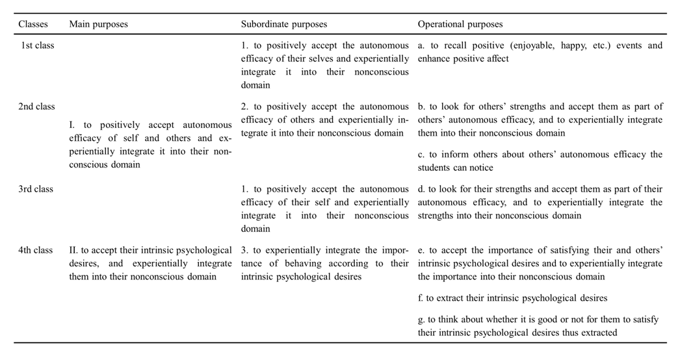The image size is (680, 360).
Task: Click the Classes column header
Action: [33, 24]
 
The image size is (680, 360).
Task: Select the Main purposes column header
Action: [98, 24]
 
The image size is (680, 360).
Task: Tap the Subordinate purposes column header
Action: [284, 24]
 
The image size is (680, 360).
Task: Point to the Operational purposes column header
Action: [460, 24]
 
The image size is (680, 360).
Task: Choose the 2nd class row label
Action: [36, 107]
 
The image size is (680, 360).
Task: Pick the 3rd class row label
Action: [36, 189]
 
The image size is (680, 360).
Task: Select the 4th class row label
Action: [36, 250]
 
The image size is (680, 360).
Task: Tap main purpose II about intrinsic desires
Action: [150, 263]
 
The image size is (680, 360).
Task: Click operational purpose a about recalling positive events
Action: [540, 53]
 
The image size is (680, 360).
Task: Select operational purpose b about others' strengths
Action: [540, 120]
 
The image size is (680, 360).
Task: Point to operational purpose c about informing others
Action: [540, 161]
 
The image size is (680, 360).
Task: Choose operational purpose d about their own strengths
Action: [540, 202]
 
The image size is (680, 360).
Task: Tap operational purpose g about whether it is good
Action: [540, 326]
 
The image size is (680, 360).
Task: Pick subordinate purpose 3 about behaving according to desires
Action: [325, 263]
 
